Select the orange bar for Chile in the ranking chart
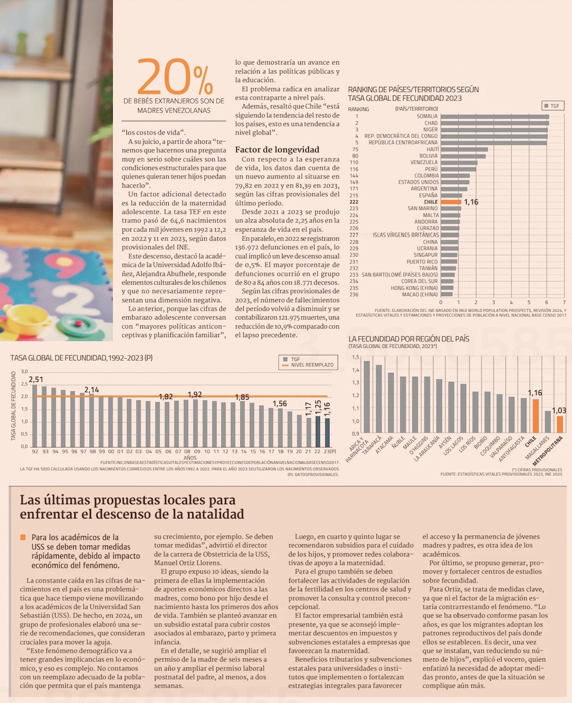(451, 202)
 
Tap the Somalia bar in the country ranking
(495, 117)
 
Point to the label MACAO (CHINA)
(420, 294)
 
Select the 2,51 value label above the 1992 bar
(35, 379)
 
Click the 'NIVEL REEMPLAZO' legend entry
(312, 365)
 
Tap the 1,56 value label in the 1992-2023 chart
(280, 404)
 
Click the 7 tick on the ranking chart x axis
(564, 302)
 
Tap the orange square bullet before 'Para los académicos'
(23, 537)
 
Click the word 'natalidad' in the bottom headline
(210, 514)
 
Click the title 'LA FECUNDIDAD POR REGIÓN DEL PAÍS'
(409, 339)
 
